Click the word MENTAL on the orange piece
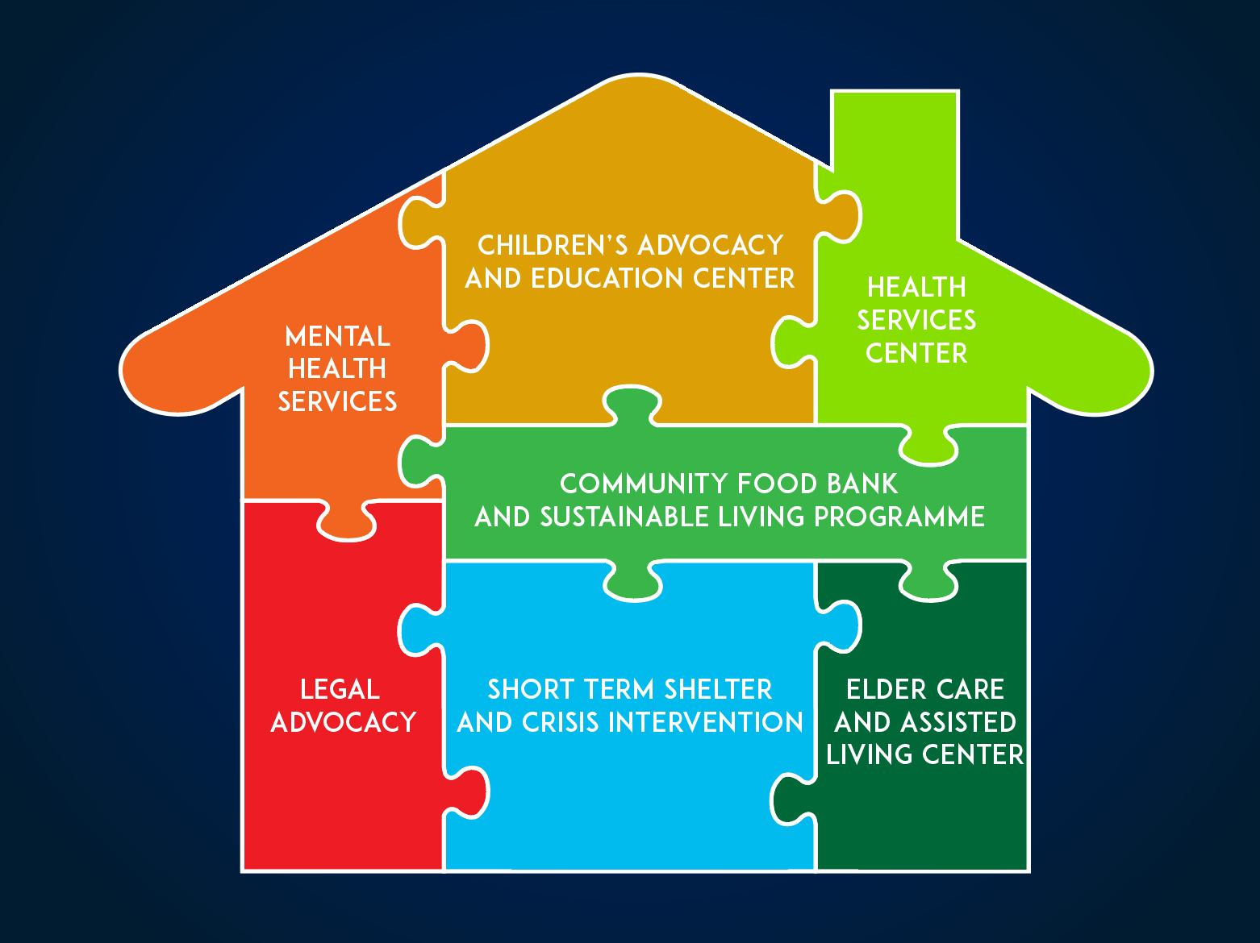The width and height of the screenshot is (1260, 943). point(337,336)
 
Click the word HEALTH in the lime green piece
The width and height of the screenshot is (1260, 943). point(916,288)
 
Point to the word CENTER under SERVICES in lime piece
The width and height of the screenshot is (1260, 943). point(916,354)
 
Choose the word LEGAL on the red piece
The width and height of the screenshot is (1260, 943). point(339,690)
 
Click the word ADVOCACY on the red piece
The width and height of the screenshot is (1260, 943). point(343,722)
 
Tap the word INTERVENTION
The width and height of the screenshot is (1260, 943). point(705,722)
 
